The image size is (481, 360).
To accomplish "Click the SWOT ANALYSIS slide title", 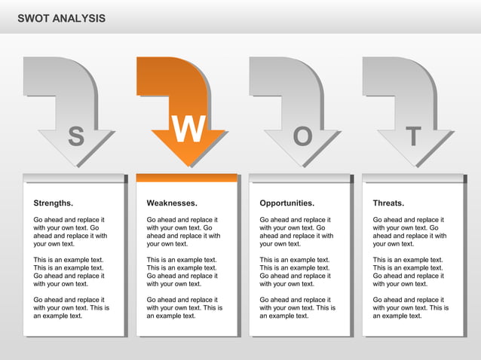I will pos(62,18).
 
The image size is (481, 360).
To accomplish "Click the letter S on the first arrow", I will pos(76,136).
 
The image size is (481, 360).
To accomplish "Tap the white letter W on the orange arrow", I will pos(188,131).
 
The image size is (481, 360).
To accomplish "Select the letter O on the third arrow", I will pos(302,136).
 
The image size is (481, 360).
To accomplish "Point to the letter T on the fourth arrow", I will pos(412,136).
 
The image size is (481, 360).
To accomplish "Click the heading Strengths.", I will pos(54,203).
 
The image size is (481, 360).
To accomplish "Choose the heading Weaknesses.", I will pos(172,203).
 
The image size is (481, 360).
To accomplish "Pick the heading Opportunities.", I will pos(287,203).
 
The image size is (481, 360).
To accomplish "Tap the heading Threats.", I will pos(388,203).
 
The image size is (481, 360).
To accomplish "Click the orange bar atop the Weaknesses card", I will pos(186,178).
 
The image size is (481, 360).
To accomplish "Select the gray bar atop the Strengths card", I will pos(73,178).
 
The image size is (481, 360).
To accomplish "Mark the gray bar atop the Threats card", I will pos(412,178).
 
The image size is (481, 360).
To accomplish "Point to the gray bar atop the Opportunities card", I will pos(299,178).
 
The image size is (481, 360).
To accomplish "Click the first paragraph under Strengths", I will pos(70,231).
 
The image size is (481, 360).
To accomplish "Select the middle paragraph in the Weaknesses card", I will pos(183,272).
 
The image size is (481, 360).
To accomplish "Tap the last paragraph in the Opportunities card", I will pos(298,307).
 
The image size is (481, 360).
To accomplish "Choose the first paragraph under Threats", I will pos(409,231).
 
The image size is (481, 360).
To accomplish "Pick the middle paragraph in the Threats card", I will pos(409,272).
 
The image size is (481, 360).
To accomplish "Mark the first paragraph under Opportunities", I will pos(296,231).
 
